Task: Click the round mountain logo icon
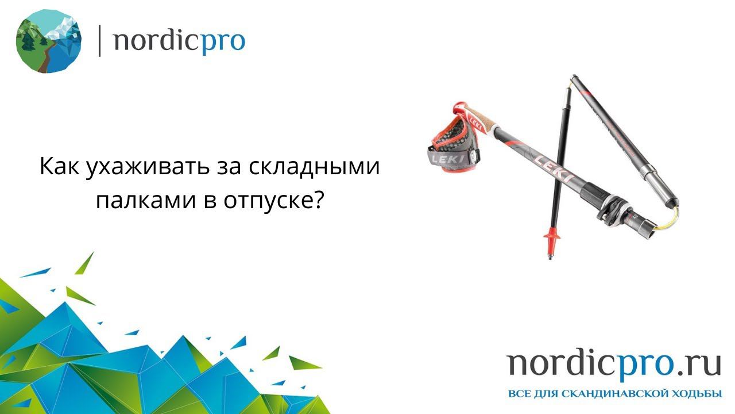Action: (x=48, y=41)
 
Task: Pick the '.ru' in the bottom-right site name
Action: (x=698, y=363)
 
